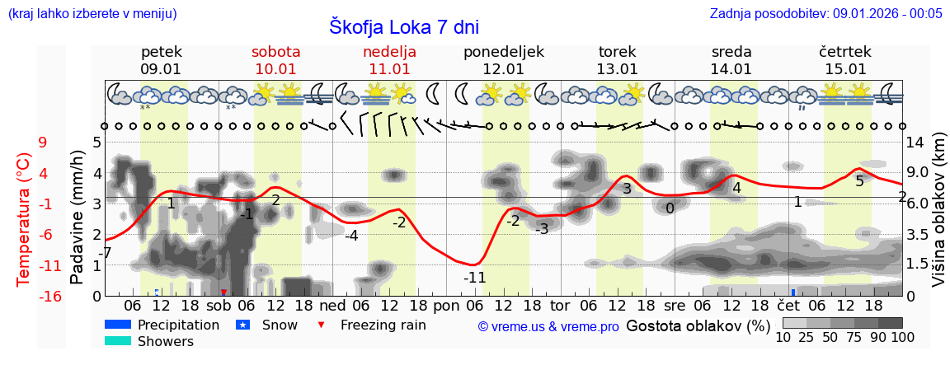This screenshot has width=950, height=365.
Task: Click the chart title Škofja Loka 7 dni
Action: click(x=404, y=26)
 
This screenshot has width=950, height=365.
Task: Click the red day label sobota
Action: click(x=275, y=52)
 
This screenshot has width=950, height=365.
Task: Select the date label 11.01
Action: click(x=389, y=69)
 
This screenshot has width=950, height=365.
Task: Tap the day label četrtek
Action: click(x=845, y=52)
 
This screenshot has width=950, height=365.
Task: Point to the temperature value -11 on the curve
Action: click(x=474, y=278)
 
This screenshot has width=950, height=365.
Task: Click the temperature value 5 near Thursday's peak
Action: click(x=859, y=181)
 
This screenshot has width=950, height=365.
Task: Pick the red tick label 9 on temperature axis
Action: click(x=43, y=143)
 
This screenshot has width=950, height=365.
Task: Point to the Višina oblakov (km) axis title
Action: click(x=939, y=219)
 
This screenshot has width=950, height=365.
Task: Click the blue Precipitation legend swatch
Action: click(x=118, y=325)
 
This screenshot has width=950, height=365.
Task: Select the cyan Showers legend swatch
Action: click(x=118, y=341)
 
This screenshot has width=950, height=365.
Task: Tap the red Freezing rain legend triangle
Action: click(x=322, y=325)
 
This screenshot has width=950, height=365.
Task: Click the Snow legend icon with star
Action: click(x=242, y=325)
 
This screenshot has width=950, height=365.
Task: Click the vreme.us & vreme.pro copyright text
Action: click(x=548, y=327)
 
